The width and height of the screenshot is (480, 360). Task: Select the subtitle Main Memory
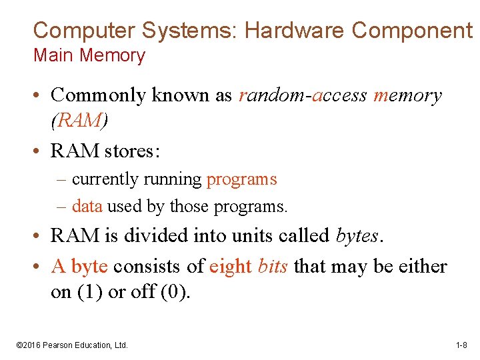[x=89, y=55]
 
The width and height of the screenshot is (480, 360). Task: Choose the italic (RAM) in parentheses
[x=78, y=120]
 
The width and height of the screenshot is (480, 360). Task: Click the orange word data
[x=87, y=207]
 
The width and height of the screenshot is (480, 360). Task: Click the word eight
[x=231, y=267]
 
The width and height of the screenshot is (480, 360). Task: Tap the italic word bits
[x=273, y=267]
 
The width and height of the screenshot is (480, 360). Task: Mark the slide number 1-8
[x=461, y=345]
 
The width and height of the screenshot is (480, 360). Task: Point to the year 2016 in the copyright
[x=31, y=345]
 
